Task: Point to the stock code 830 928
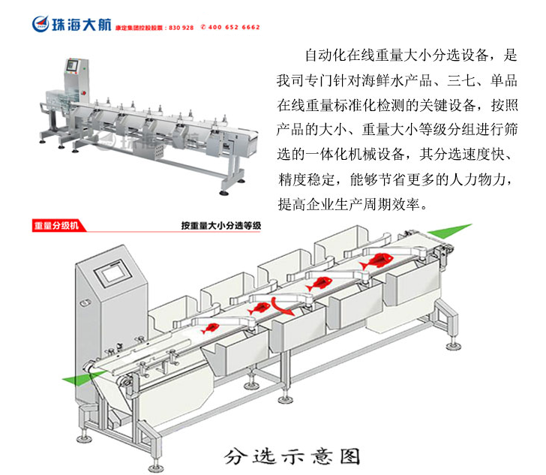182,27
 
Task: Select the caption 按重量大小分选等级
220,224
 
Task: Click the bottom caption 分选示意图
292,455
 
